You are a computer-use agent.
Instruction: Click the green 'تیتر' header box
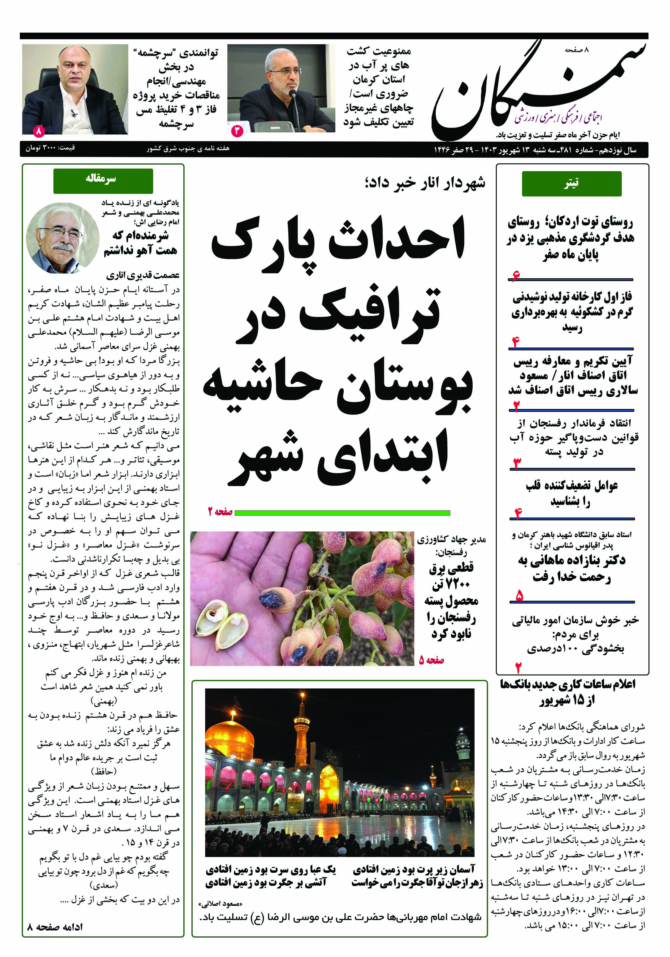(x=571, y=183)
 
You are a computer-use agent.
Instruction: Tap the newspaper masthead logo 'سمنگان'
(x=537, y=90)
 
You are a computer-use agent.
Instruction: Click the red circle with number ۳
(x=237, y=131)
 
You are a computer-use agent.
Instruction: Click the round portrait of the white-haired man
(x=62, y=238)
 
